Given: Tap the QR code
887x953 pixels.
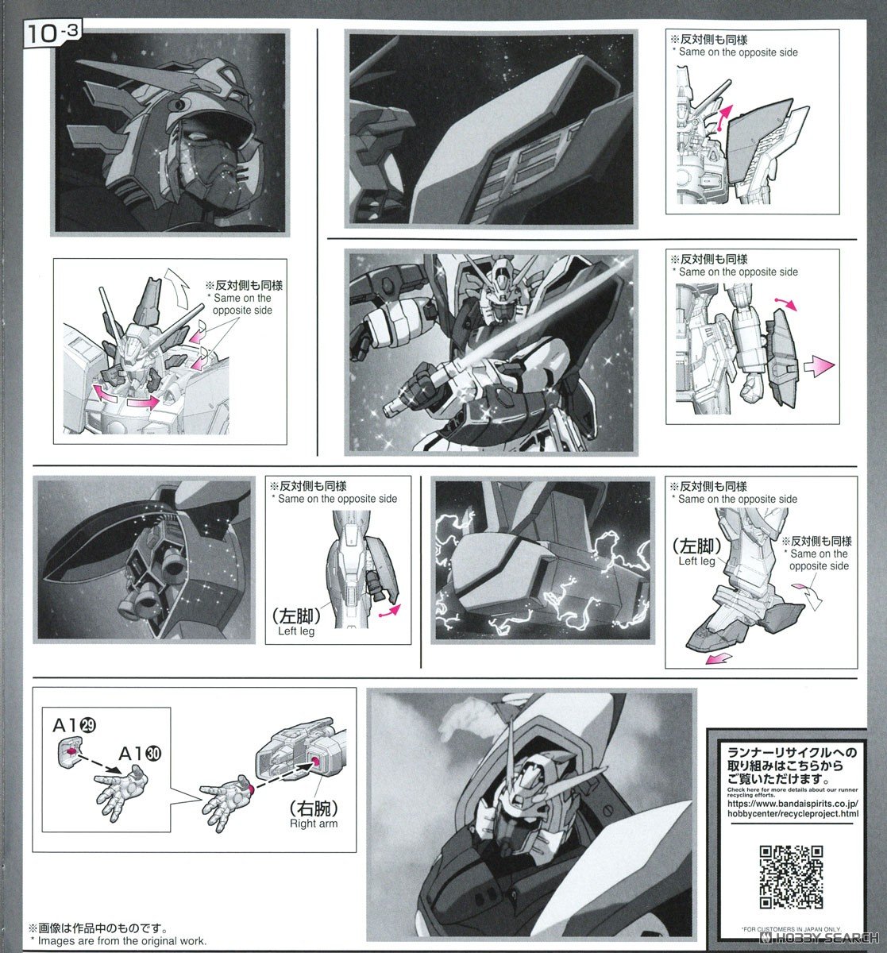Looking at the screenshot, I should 790,877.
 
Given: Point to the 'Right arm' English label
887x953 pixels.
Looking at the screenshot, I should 313,824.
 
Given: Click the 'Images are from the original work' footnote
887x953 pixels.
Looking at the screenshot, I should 119,940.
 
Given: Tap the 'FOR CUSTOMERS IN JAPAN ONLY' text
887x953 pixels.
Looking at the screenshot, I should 790,928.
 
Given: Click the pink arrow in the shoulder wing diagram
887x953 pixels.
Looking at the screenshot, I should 723,116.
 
